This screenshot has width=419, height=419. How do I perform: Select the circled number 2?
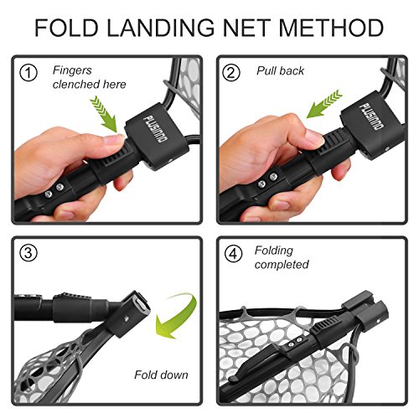tap(233, 73)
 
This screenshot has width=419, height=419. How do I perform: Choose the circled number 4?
tap(233, 254)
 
